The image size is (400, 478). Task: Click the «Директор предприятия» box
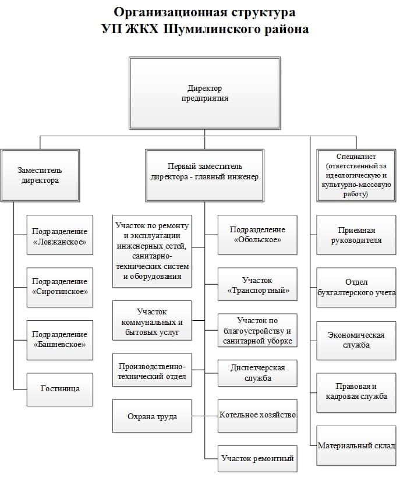(204, 93)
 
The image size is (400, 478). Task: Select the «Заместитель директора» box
(40, 175)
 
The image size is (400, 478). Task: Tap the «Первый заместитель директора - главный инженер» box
(204, 175)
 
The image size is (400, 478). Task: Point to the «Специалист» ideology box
(356, 175)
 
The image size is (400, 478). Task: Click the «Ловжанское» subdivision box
(60, 235)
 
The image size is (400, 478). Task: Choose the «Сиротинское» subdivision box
(60, 287)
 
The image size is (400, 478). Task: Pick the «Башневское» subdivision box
(60, 340)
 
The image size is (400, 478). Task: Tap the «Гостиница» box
(60, 390)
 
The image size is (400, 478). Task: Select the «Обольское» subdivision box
(257, 235)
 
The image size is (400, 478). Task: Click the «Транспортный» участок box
(257, 285)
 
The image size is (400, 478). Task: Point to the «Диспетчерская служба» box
(257, 373)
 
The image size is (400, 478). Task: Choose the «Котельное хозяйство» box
(257, 416)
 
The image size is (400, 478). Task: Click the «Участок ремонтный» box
(257, 458)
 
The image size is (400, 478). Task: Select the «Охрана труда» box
(152, 416)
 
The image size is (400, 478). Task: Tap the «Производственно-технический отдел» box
(152, 370)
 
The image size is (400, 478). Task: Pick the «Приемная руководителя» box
(356, 235)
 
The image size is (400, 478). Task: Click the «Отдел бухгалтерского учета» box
(356, 287)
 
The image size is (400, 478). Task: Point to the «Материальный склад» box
(356, 445)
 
